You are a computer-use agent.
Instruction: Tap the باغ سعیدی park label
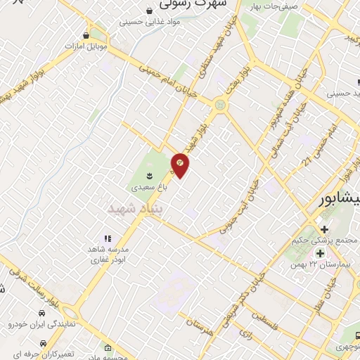click(149, 188)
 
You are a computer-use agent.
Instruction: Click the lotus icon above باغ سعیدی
click(149, 174)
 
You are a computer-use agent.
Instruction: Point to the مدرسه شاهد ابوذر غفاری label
click(108, 255)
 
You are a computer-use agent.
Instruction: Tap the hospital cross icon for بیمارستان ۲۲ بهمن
click(321, 253)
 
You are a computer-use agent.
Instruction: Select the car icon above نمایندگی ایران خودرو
click(42, 311)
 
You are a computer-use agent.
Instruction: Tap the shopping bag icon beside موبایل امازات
click(86, 35)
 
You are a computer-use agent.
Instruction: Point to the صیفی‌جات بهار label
click(259, 6)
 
